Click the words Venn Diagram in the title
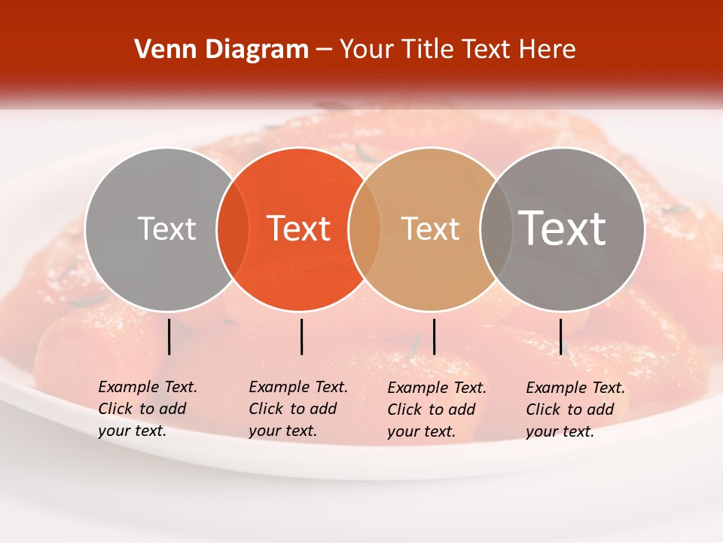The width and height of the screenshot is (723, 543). click(x=221, y=50)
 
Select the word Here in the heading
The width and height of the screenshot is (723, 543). click(x=546, y=50)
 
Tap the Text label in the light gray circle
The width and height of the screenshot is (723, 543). click(x=166, y=229)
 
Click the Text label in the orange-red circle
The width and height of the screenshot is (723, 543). click(x=299, y=229)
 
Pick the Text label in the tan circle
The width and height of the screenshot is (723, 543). click(x=430, y=229)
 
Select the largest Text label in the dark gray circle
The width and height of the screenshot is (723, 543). click(x=563, y=229)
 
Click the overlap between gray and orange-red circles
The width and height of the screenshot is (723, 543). click(x=233, y=229)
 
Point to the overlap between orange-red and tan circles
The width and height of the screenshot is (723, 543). click(x=365, y=229)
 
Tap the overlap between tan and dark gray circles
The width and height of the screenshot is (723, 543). click(x=496, y=229)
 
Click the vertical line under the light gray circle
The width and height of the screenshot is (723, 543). click(x=169, y=336)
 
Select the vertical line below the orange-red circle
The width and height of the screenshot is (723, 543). click(x=301, y=336)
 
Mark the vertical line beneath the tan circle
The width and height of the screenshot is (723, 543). click(x=434, y=336)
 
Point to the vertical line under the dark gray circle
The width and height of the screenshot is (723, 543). click(x=560, y=336)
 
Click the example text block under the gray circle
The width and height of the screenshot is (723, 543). click(x=147, y=409)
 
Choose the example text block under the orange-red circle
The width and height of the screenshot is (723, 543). click(x=297, y=409)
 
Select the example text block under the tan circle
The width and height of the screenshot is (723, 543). click(x=436, y=410)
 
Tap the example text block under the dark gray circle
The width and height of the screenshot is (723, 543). click(x=575, y=410)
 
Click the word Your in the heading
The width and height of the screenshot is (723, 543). click(x=366, y=50)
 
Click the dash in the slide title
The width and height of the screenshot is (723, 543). click(x=324, y=51)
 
